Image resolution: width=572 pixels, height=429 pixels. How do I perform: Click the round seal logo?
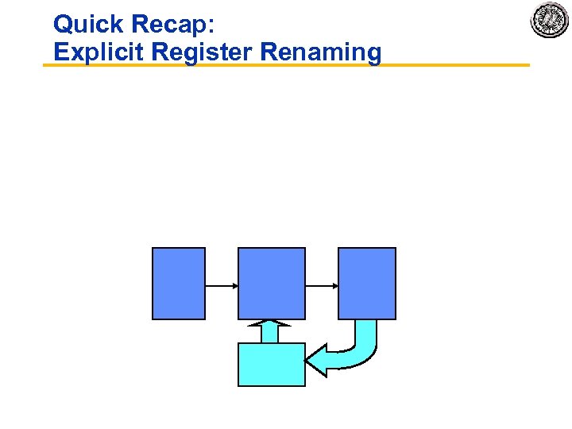[550, 21]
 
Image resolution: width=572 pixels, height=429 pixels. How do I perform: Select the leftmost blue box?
[179, 284]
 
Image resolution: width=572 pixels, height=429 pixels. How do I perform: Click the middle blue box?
[272, 284]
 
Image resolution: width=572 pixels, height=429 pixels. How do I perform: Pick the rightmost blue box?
[367, 284]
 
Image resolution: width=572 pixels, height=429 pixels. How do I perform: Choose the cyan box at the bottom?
[272, 365]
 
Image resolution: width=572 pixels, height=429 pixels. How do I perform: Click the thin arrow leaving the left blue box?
[219, 284]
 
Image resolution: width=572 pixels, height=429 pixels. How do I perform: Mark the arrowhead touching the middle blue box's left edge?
[234, 284]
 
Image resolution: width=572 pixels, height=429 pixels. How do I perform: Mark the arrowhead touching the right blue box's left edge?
[334, 284]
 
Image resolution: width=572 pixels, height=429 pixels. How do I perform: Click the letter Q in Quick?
[63, 24]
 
